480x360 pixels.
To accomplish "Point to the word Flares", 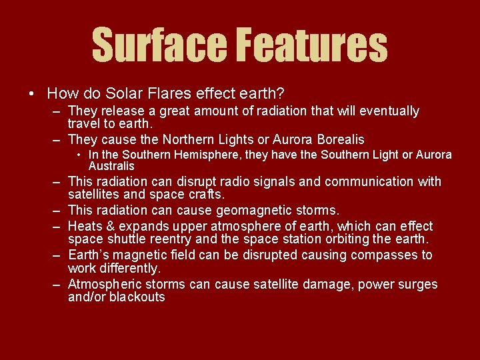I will pos(169,94).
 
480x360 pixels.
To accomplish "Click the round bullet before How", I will pos(32,94).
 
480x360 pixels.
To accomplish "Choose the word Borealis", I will pos(334,139).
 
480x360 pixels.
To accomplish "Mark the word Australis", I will pos(111,166).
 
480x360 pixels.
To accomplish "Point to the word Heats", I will pos(85,226).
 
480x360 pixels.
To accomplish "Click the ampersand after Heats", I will pos(109,226).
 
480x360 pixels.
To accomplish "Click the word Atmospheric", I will pos(104,285).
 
